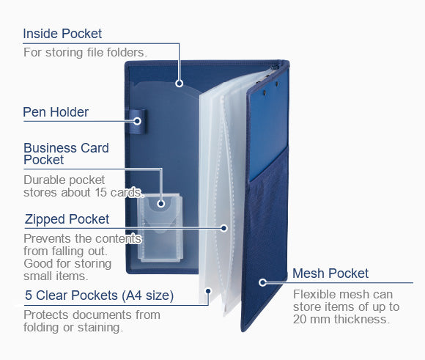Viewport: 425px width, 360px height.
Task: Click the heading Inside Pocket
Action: point(62,34)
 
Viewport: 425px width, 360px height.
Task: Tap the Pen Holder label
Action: point(56,112)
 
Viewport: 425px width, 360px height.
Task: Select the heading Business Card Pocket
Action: point(66,153)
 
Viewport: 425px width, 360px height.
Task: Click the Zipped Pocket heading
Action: point(67,219)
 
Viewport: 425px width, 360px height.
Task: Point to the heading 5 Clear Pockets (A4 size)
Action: point(99,295)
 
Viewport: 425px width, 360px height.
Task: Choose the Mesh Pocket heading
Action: point(330,273)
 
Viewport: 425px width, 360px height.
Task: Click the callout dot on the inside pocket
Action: point(179,84)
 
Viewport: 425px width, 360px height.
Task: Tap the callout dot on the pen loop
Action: point(138,121)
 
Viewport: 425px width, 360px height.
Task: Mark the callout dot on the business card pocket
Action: point(161,204)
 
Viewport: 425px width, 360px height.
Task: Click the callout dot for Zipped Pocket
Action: point(224,228)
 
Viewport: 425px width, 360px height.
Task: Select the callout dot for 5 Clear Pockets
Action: point(208,291)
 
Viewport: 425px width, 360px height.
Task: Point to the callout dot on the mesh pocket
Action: point(262,283)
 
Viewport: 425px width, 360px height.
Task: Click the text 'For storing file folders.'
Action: point(86,52)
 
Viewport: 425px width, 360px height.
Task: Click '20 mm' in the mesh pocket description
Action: point(312,319)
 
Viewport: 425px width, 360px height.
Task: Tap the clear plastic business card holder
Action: point(160,228)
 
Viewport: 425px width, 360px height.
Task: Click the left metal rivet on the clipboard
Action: point(265,93)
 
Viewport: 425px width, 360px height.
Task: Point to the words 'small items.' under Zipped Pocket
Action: point(56,276)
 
